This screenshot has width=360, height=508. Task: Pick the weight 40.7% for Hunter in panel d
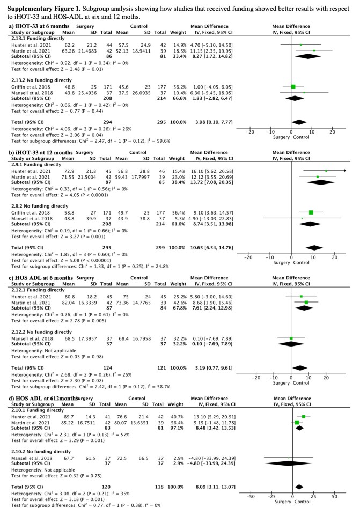pyautogui.click(x=177, y=416)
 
